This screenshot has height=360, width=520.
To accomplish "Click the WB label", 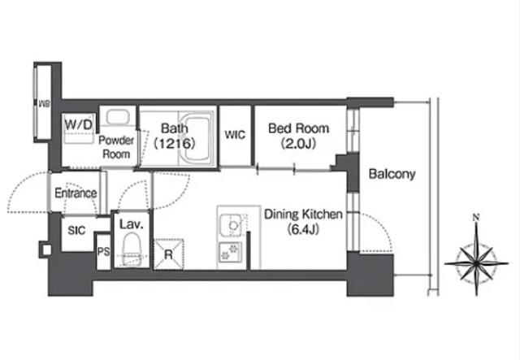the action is tap(44, 104).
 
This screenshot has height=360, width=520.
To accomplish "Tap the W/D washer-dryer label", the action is tap(78, 125).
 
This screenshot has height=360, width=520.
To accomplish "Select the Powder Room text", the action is tap(116, 147).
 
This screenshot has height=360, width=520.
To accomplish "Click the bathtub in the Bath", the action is tap(197, 138).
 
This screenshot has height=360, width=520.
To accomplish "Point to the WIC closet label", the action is tap(235, 135).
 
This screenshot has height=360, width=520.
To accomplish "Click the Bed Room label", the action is tap(298, 128).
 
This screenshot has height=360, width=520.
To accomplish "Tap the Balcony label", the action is tap(392, 174).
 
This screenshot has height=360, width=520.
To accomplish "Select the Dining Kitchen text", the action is tap(303, 215).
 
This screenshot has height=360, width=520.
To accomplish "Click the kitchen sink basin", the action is tap(232, 226).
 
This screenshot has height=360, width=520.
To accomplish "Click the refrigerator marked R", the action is tap(168, 254).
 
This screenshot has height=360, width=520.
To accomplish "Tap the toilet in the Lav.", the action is tap(132, 249).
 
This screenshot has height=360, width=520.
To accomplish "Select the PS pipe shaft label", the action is tap(103, 252).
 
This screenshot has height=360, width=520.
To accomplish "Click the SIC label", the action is tap(76, 230).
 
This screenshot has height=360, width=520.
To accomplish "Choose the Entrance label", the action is tap(76, 193).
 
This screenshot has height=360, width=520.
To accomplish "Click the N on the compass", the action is tap(476, 218).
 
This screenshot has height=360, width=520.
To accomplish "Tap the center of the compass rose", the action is tap(476, 263).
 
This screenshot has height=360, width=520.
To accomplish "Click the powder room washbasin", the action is tap(117, 117).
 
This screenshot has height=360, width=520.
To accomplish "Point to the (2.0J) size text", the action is tap(298, 144).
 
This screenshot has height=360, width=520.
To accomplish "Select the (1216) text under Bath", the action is tap(175, 143).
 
